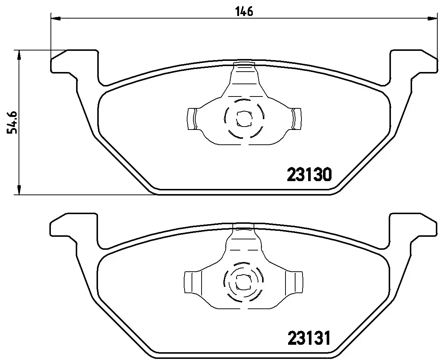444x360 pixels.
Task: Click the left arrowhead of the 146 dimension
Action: tap(55, 17)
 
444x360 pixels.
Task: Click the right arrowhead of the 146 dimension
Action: tap(432, 17)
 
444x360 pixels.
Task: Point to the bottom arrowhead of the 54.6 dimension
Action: tap(18, 190)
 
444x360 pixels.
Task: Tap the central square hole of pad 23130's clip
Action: tap(244, 118)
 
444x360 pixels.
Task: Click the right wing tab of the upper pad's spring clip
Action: tap(296, 119)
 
